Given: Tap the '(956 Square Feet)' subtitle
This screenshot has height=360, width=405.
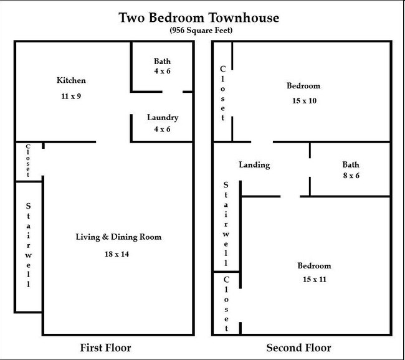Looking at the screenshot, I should (202, 30).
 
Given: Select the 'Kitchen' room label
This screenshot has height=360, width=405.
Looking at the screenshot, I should (71, 80).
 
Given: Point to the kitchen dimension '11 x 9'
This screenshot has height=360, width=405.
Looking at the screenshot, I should (71, 96).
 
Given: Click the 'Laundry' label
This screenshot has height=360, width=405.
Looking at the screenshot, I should (162, 117).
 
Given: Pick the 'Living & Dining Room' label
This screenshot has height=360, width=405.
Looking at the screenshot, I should (118, 237).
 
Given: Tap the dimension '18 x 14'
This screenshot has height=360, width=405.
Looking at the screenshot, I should (118, 253).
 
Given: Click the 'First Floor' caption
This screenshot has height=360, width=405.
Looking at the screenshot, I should (105, 348).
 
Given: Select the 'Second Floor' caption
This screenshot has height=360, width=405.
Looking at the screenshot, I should (298, 348).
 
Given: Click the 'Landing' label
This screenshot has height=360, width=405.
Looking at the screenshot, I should (254, 165).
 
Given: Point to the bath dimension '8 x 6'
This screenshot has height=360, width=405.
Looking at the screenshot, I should (350, 176).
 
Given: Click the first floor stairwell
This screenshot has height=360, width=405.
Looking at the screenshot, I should (28, 246).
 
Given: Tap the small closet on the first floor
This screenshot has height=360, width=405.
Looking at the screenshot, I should (28, 161).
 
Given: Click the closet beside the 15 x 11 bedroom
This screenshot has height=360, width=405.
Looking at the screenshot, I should (226, 303).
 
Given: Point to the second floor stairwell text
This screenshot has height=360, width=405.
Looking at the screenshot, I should (226, 225).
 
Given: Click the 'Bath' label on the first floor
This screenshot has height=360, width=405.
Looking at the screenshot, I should (162, 61).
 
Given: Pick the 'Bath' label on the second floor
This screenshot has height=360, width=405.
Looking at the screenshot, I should (350, 165).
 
